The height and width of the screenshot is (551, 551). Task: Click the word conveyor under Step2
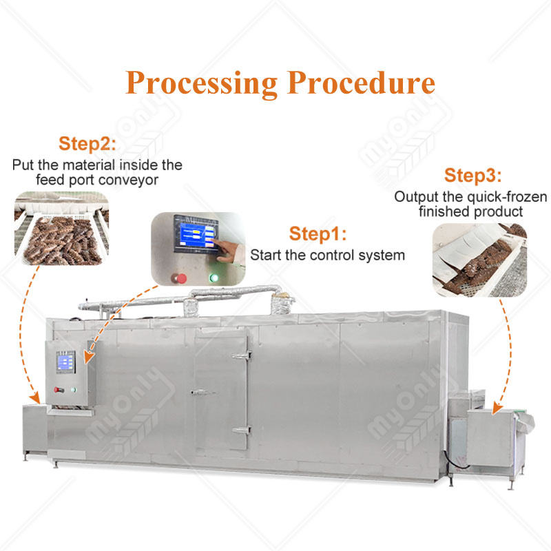coord(130,180)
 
